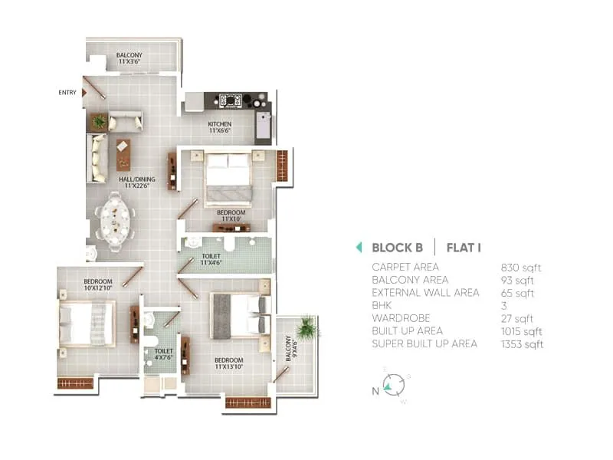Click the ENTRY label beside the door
pyautogui.click(x=67, y=93)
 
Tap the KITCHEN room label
pyautogui.click(x=220, y=127)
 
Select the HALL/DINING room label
pyautogui.click(x=136, y=182)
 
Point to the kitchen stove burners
pyautogui.click(x=231, y=100)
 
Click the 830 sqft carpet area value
pyautogui.click(x=520, y=268)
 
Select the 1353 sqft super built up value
pyautogui.click(x=522, y=343)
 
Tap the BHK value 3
pyautogui.click(x=503, y=305)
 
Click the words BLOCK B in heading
pyautogui.click(x=397, y=248)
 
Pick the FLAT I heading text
pyautogui.click(x=463, y=248)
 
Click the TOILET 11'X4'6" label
pyautogui.click(x=212, y=259)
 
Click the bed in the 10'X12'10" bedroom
pyautogui.click(x=86, y=323)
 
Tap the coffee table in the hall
pyautogui.click(x=123, y=154)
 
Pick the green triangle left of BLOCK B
pyautogui.click(x=359, y=248)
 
